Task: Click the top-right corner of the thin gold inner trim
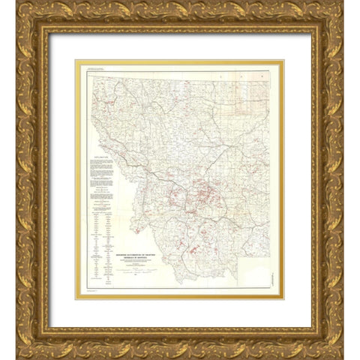coord(283,61)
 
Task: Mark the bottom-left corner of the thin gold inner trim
coord(75,298)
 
